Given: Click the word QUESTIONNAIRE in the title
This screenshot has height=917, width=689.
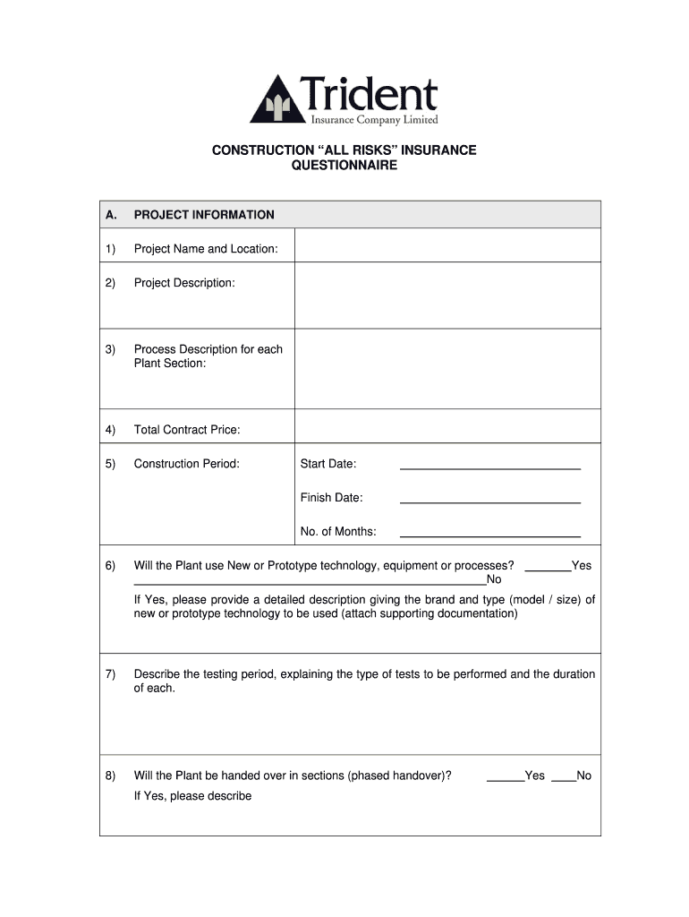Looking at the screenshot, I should [x=344, y=166].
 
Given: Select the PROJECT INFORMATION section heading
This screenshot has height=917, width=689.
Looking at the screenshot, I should [x=204, y=215].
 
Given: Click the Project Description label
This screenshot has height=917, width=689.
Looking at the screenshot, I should [x=184, y=283].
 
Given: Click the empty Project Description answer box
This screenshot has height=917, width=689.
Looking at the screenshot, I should [x=447, y=296].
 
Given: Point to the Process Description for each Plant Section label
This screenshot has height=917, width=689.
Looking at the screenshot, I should [x=208, y=356].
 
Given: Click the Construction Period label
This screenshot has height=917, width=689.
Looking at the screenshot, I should [x=186, y=464].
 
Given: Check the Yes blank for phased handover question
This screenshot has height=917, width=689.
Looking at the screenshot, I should [x=505, y=777].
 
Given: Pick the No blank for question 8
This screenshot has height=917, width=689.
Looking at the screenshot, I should [x=563, y=777].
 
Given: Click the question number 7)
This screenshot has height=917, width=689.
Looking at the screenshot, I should [x=110, y=674].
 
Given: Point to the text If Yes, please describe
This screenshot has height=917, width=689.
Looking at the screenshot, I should [x=192, y=796].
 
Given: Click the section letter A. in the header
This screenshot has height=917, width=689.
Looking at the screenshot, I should [x=111, y=215].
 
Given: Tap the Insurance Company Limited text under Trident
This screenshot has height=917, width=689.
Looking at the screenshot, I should [x=374, y=120].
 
